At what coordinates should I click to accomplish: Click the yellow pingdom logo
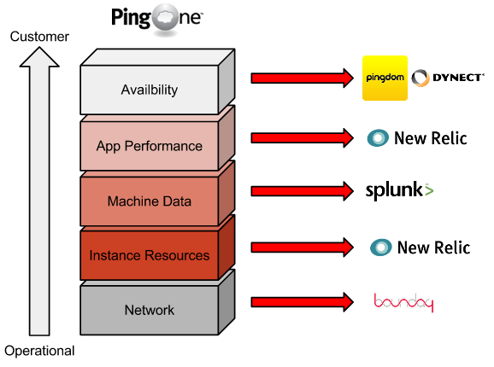tap(385, 78)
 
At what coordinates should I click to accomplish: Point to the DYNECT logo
tap(447, 78)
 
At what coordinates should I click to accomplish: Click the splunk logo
tap(399, 190)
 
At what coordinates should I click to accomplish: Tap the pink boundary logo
tap(403, 302)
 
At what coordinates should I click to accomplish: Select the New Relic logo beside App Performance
tap(417, 138)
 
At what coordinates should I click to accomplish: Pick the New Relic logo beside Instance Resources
tap(420, 248)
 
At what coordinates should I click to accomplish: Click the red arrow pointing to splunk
tap(303, 191)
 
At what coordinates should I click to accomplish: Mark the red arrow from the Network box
tap(303, 302)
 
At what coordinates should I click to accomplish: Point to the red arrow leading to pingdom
tap(303, 78)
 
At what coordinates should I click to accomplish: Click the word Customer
tap(39, 37)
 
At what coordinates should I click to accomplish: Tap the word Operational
tap(39, 351)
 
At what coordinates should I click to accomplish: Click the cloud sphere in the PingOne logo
tap(165, 18)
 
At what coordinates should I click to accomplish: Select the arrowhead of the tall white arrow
tap(39, 57)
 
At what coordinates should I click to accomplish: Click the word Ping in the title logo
tap(131, 18)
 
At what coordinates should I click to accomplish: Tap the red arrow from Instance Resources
tap(303, 248)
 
